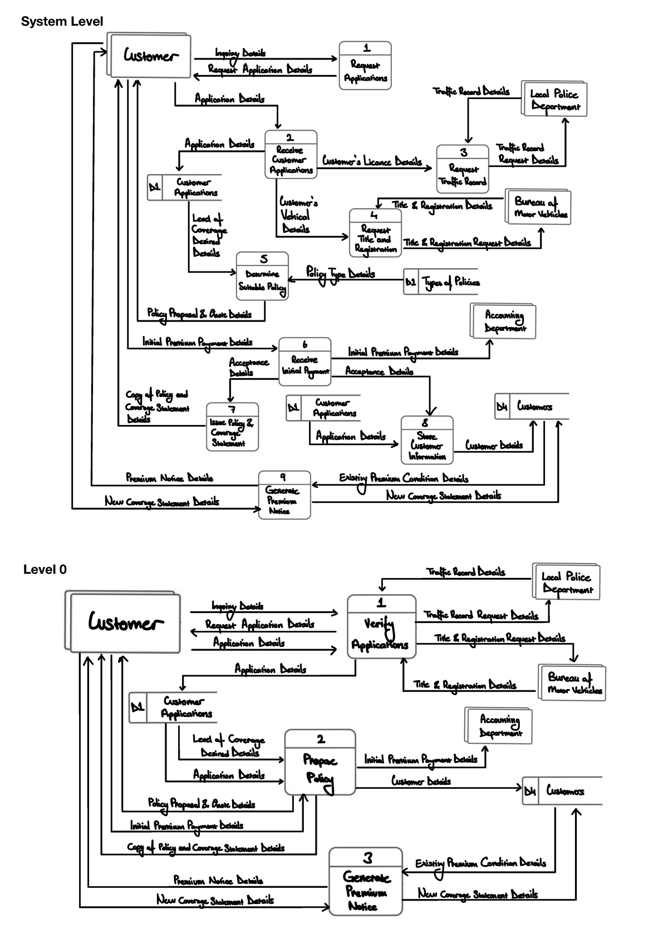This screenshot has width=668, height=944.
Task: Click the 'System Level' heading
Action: tap(62, 22)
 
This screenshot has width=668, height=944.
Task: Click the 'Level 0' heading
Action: tap(45, 570)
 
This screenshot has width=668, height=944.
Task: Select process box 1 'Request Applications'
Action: tap(365, 66)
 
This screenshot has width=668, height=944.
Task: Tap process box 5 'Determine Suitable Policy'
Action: tap(262, 276)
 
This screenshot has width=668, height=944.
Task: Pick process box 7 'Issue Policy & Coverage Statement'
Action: tap(232, 427)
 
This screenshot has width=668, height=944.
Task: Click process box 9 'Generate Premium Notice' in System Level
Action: tap(284, 495)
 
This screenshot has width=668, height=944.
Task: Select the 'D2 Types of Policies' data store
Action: tap(443, 283)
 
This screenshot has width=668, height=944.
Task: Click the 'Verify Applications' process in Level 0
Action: tap(381, 627)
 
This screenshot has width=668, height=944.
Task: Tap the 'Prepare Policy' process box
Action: tap(320, 763)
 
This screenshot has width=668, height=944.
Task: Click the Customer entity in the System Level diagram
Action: tap(150, 56)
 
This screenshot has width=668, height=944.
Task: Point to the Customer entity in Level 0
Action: tap(125, 622)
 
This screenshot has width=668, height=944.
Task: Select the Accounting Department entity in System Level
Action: tap(503, 321)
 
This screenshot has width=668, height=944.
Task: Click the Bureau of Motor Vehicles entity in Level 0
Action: tap(573, 683)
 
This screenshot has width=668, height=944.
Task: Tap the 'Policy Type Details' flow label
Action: tap(341, 274)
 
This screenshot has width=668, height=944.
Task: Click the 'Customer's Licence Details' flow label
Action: tap(372, 161)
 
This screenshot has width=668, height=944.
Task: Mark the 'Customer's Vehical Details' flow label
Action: tap(297, 215)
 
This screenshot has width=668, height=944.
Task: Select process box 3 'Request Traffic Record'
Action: tap(463, 169)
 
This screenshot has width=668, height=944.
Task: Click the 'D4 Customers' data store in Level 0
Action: tap(562, 790)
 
